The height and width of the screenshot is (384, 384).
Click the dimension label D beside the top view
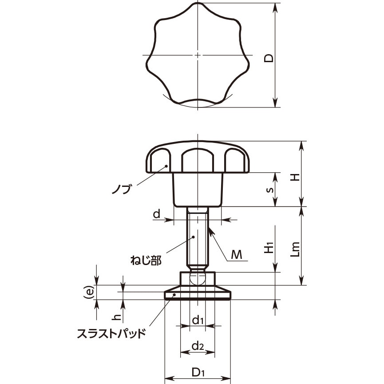click(269, 58)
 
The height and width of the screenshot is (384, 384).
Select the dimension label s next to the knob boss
click(269, 190)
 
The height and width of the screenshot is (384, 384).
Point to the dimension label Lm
click(295, 249)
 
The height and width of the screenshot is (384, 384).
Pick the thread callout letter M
click(236, 255)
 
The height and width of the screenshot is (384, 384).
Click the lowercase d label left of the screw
click(157, 214)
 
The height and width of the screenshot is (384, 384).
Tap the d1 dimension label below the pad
click(198, 320)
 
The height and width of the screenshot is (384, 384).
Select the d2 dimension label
click(198, 346)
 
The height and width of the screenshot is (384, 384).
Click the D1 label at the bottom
click(198, 373)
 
